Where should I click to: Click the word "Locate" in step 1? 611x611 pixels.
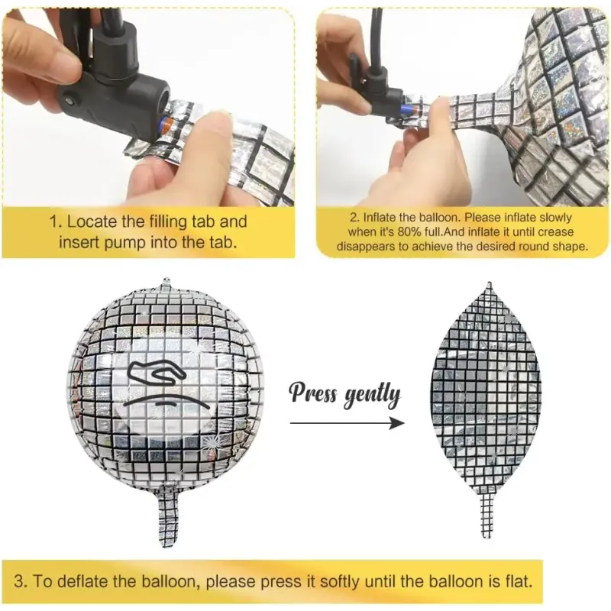(x=92, y=221)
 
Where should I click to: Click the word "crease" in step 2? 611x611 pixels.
(x=555, y=232)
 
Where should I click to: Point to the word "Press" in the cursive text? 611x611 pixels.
(x=313, y=393)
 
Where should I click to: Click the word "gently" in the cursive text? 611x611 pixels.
(x=373, y=396)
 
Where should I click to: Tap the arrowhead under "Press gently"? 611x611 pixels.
(x=397, y=423)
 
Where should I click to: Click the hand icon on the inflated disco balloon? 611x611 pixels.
(x=158, y=373)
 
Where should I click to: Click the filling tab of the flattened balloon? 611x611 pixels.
(x=486, y=515)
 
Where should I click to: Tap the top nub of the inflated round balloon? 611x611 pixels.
(x=166, y=280)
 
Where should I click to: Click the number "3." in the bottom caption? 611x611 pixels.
(x=21, y=581)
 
